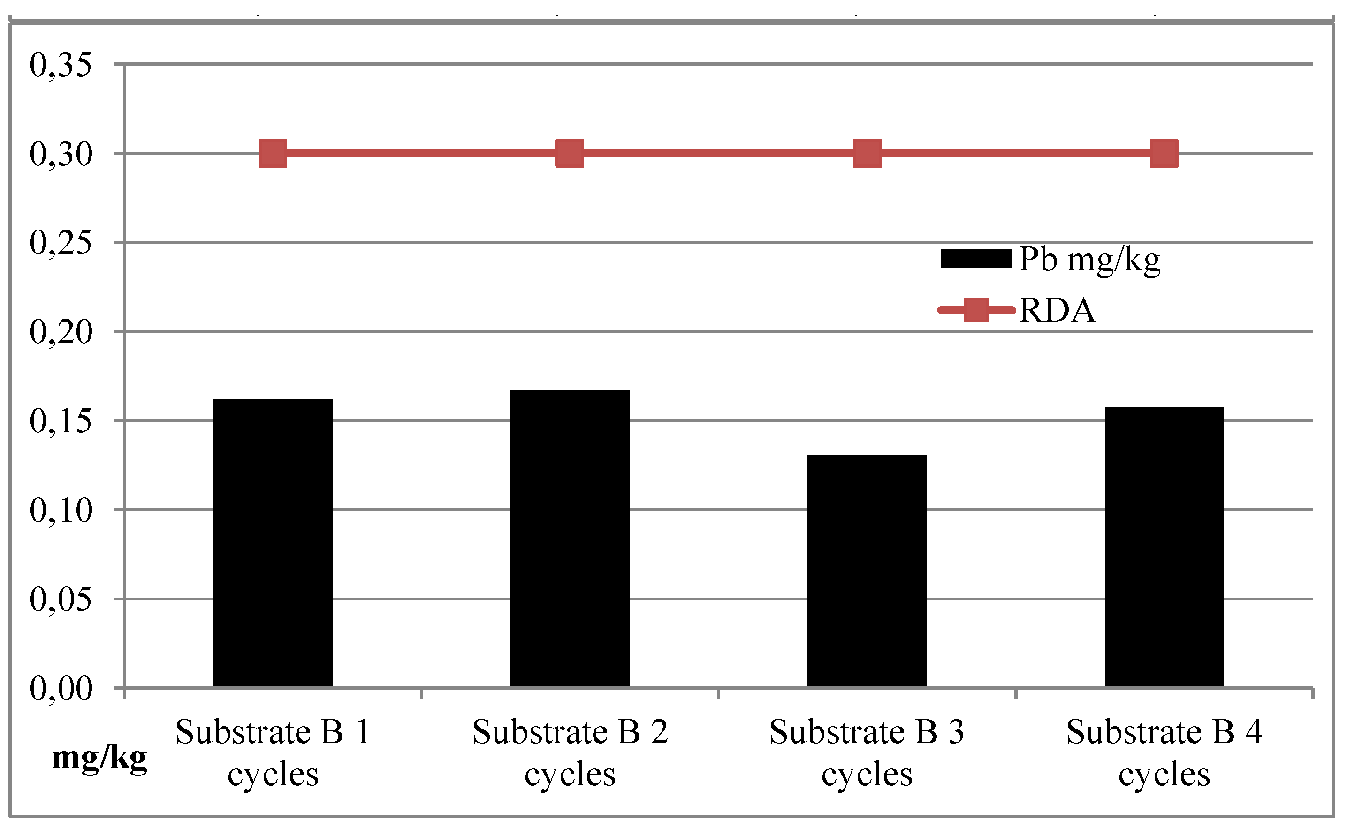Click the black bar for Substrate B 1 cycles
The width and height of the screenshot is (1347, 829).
coord(273,543)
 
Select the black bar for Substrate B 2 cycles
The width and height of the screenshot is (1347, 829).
coord(570,537)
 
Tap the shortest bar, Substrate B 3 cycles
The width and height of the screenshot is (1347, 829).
coord(867,570)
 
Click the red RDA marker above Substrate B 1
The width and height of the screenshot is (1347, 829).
coord(273,153)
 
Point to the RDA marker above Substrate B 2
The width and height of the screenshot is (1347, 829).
coord(570,153)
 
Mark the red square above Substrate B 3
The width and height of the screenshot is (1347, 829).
coord(867,153)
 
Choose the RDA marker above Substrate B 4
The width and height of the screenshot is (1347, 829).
coord(1164,153)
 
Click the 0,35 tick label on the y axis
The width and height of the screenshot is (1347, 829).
coord(60,65)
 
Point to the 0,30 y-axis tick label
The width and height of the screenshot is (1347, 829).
coord(60,154)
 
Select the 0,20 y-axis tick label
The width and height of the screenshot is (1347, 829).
coord(60,332)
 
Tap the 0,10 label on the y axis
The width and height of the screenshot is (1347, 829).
coord(60,510)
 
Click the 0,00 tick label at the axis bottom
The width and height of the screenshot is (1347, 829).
coord(60,689)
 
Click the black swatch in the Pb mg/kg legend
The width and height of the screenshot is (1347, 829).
coord(976,259)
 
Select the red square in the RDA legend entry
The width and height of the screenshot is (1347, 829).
coord(976,310)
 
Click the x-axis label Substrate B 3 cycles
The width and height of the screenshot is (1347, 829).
coord(867,753)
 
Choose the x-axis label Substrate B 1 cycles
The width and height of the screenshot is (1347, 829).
coord(273,753)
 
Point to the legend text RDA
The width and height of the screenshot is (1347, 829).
coord(1057,311)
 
